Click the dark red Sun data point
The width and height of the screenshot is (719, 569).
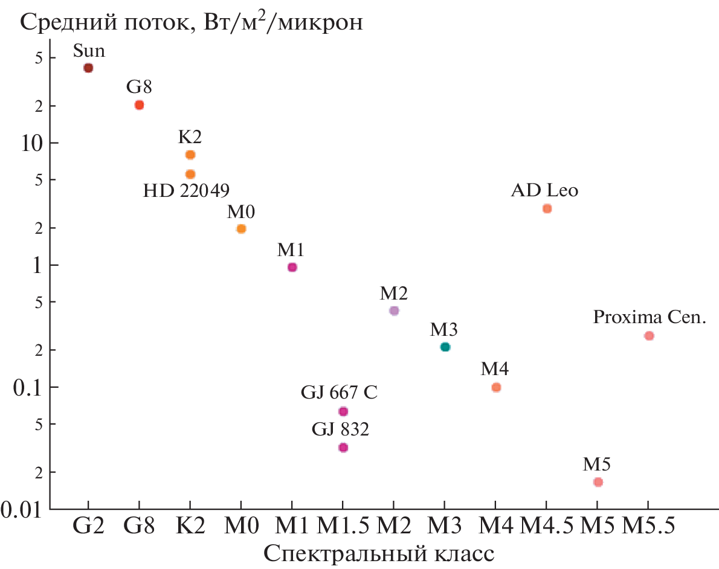tap(88, 68)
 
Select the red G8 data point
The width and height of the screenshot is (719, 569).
tap(139, 104)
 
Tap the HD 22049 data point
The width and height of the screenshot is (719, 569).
tap(190, 174)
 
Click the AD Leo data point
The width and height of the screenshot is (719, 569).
tap(547, 208)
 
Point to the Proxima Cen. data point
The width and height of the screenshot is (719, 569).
tap(649, 335)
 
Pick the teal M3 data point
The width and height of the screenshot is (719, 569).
tap(445, 347)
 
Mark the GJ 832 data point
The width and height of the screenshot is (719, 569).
tap(343, 448)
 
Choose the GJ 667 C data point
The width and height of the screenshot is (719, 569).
tap(343, 411)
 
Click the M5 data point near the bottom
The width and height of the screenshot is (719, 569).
tap(598, 482)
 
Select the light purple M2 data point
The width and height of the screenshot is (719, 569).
tap(394, 310)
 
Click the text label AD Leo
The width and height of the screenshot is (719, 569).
tap(544, 190)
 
